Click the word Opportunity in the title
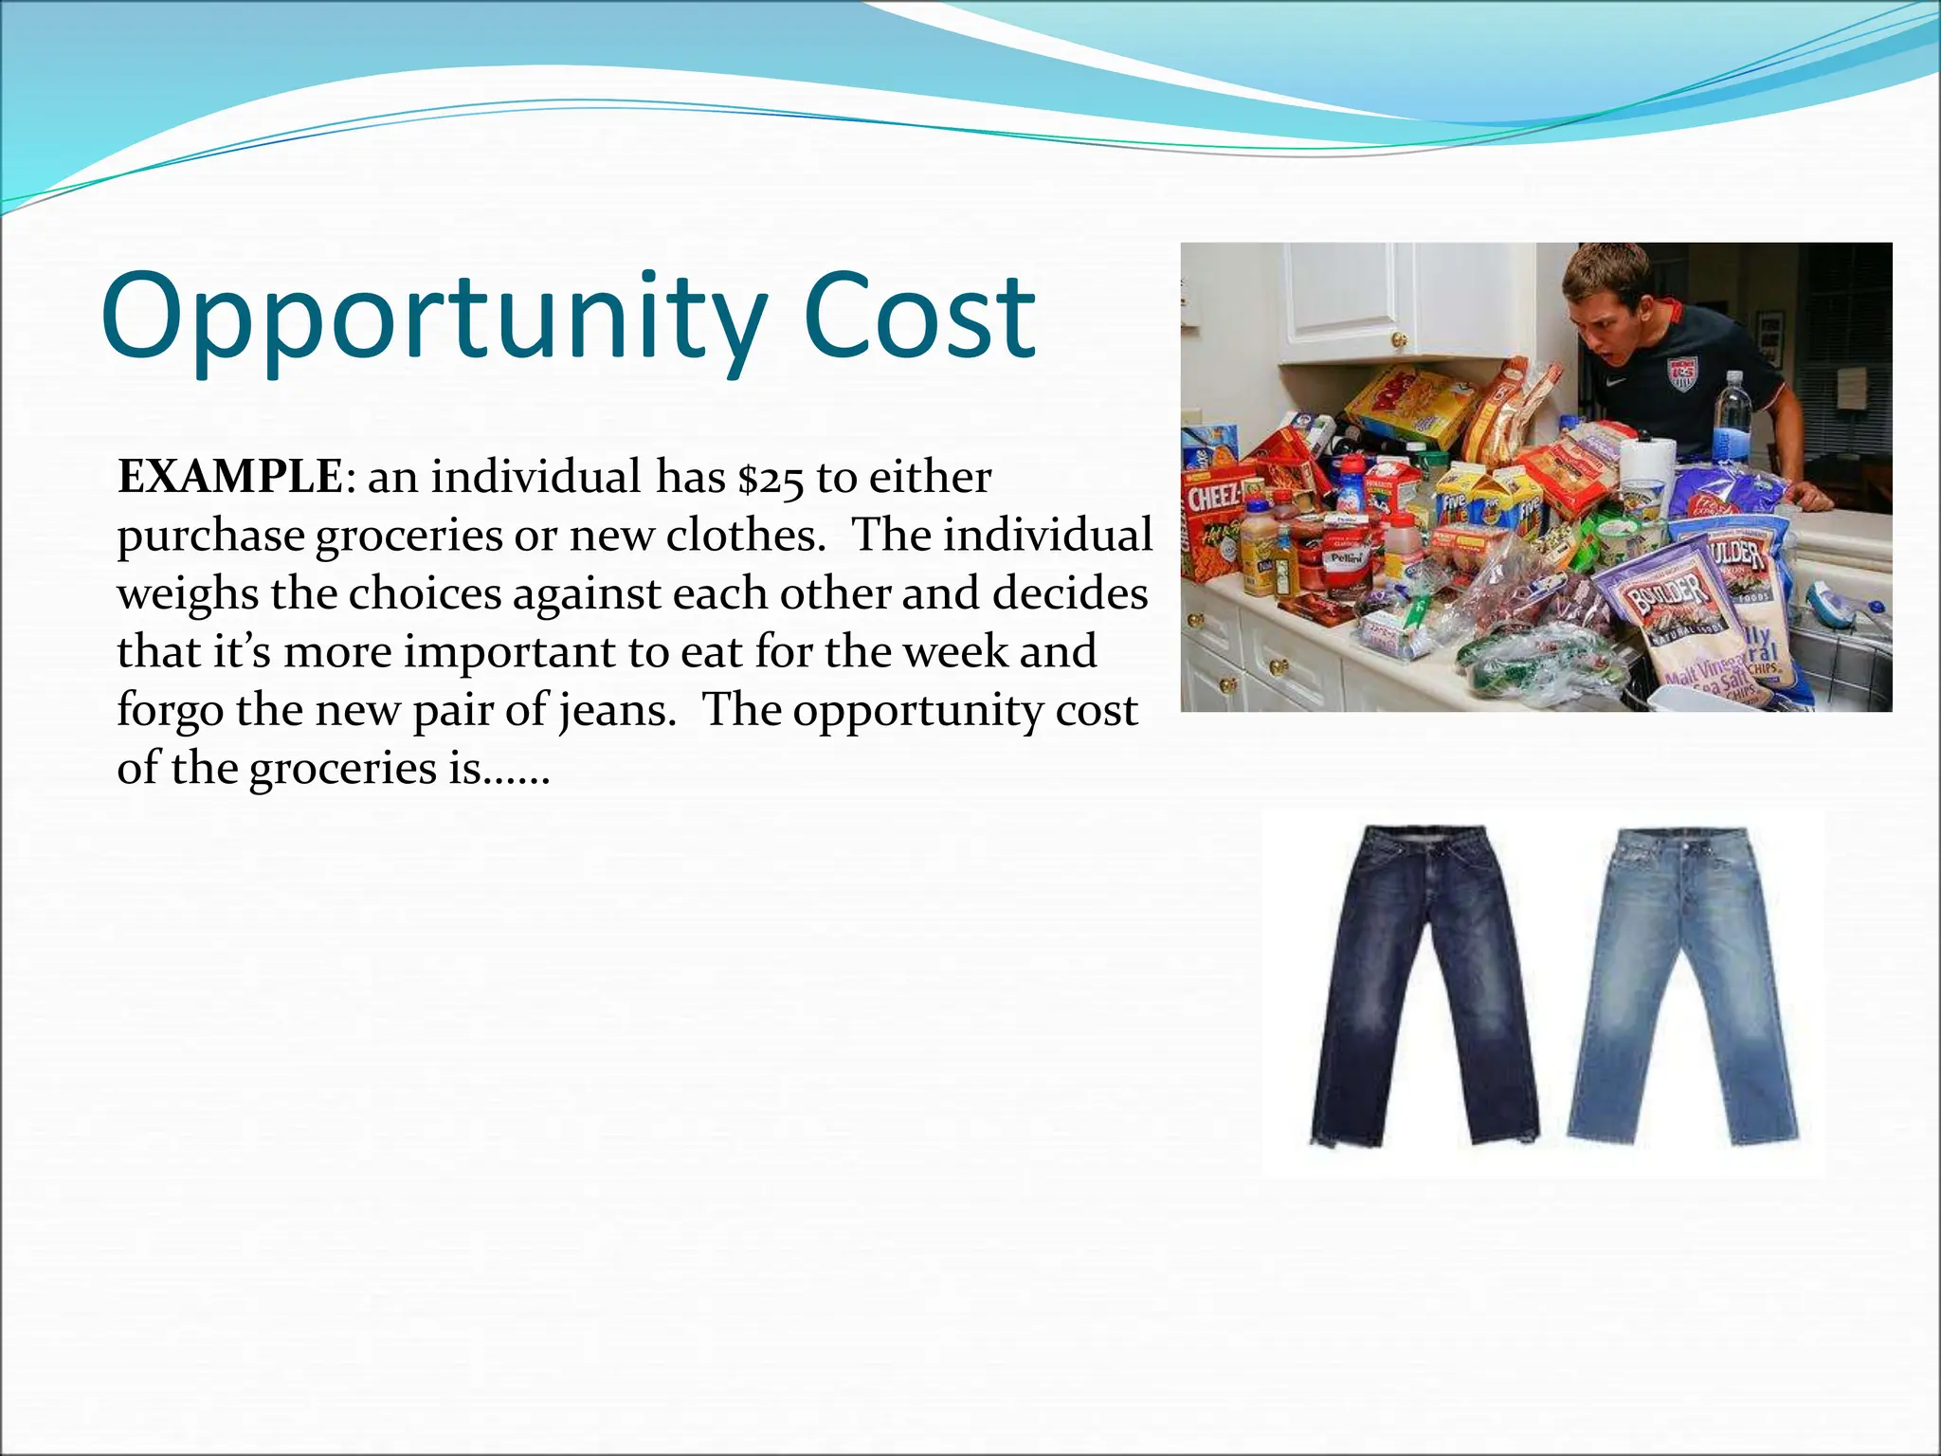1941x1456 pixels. (432, 318)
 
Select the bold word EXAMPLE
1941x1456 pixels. (228, 477)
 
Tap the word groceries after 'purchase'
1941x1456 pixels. (408, 537)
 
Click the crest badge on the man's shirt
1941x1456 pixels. (1682, 373)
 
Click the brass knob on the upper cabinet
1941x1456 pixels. (1399, 338)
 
